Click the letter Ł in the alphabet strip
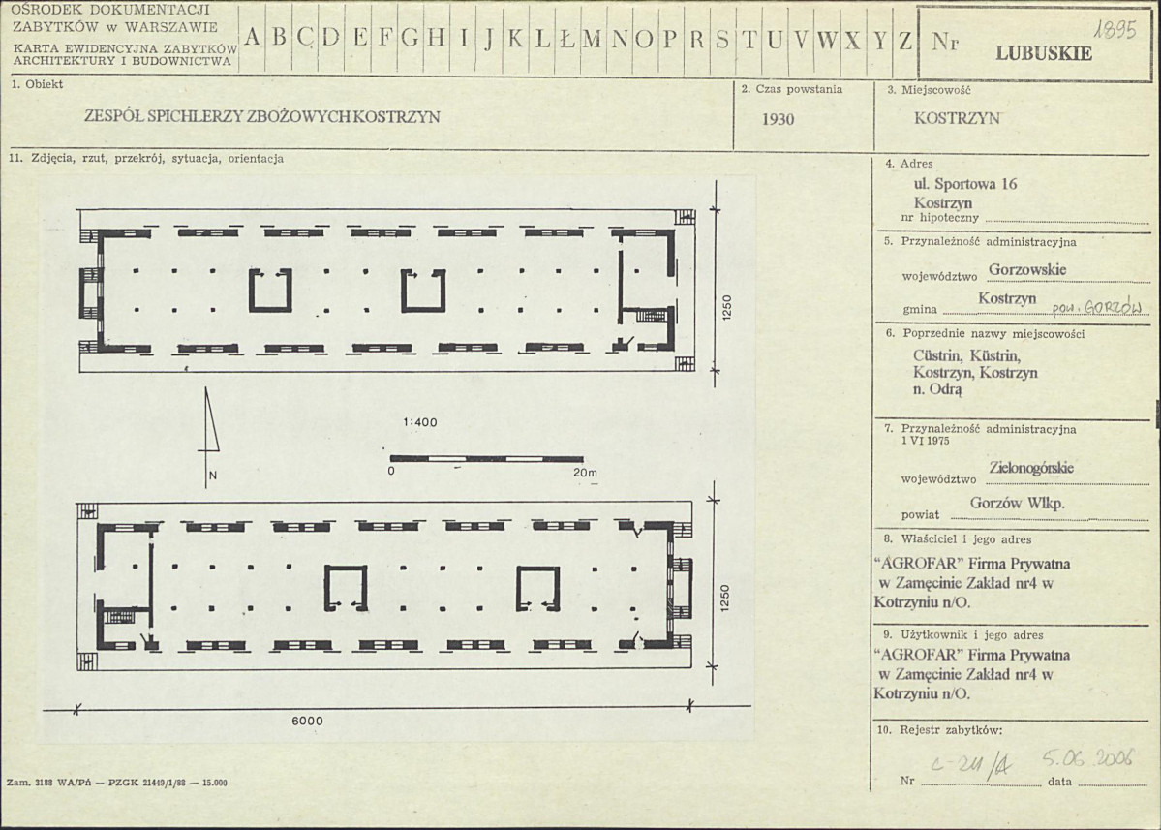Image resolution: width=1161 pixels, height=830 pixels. (x=567, y=39)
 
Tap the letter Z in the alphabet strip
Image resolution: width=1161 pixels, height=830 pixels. (x=904, y=40)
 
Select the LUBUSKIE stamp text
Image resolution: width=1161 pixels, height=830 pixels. (x=1043, y=53)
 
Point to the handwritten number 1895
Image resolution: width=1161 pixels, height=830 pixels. (x=1115, y=30)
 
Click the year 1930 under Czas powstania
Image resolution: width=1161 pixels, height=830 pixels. (x=779, y=119)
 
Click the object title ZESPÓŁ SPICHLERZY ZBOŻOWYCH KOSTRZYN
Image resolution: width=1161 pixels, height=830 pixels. (x=262, y=117)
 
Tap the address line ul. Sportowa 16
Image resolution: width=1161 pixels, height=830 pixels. (x=965, y=184)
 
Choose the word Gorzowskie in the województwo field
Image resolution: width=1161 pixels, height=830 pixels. (x=1027, y=269)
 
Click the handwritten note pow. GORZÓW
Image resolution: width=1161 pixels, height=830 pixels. (x=1096, y=307)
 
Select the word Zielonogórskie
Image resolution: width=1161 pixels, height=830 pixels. (x=1030, y=468)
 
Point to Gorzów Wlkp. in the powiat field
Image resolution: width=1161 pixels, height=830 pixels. (x=1017, y=504)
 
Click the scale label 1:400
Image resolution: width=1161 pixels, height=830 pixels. (x=420, y=423)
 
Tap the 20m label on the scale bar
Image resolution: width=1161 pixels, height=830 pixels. (x=585, y=473)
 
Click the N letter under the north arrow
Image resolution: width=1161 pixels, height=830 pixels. (x=212, y=476)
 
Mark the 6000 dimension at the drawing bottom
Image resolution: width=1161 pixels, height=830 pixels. (x=307, y=722)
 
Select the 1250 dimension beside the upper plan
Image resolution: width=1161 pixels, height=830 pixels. (x=726, y=308)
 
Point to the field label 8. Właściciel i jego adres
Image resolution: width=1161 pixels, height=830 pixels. (x=958, y=539)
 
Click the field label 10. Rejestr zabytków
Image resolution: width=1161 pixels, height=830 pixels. (x=939, y=730)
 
